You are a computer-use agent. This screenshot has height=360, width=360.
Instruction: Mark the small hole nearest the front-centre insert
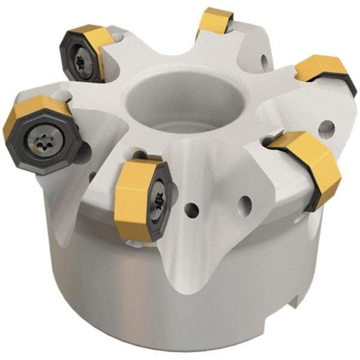(191, 209)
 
